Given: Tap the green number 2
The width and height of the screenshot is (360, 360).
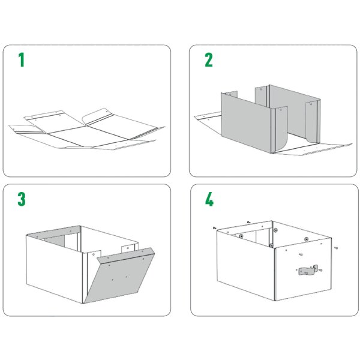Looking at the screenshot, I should pos(209,59).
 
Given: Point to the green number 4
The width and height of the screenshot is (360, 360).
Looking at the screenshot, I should pos(209,199).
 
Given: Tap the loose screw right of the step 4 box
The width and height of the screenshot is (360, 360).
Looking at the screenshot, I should pos(337,247).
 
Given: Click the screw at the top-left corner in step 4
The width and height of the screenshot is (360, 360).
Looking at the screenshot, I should pos(214,228).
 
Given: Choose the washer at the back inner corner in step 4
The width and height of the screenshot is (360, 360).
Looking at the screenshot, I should pos(275,229).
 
